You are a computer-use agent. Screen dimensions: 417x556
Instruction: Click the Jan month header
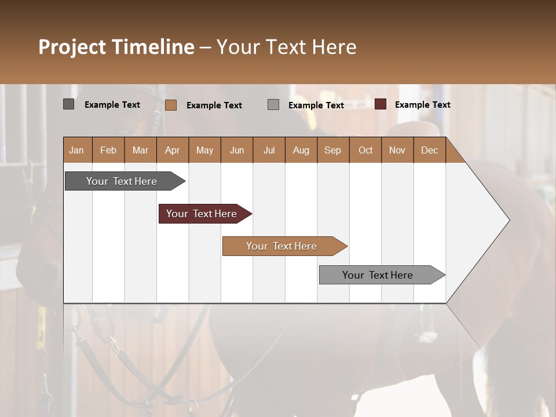(77, 150)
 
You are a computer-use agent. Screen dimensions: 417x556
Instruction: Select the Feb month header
(108, 150)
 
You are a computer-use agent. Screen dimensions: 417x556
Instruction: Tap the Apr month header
(172, 150)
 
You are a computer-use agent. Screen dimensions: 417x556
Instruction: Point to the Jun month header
(237, 150)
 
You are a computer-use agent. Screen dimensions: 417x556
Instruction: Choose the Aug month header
(301, 150)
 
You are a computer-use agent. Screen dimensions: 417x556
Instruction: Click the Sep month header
(332, 150)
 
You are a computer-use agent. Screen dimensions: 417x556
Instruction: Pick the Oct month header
(365, 150)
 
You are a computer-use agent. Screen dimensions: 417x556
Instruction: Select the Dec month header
(429, 150)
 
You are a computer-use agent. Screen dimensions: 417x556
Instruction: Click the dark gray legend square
(68, 104)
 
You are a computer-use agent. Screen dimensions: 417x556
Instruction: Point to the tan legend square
(171, 105)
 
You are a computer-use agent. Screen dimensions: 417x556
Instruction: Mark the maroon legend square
(381, 104)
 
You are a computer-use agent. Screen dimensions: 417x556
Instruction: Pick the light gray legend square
(273, 105)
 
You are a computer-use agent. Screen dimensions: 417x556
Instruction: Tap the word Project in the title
(72, 47)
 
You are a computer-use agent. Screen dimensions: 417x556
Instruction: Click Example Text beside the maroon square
(422, 105)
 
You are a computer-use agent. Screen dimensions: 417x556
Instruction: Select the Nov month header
(397, 150)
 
